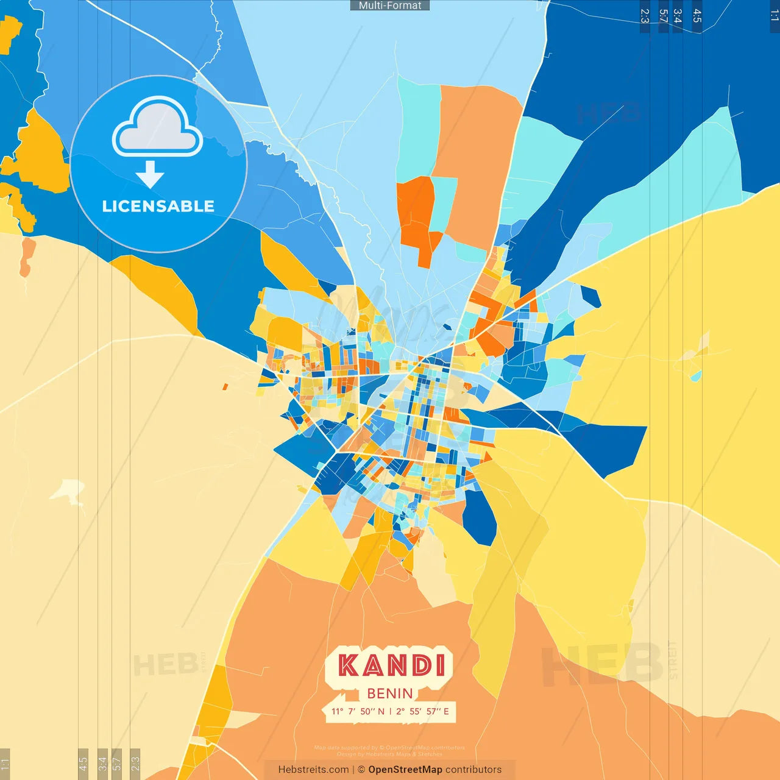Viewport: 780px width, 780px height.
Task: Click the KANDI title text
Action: point(391,665)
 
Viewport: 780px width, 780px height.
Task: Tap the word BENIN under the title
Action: point(390,693)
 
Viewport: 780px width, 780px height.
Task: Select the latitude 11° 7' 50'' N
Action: point(358,711)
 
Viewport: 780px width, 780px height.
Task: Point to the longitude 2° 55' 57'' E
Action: point(422,711)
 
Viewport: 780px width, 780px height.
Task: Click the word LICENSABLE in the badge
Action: point(158,207)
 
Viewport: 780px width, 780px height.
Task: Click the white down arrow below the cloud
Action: point(150,174)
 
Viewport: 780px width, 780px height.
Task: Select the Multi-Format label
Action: point(390,5)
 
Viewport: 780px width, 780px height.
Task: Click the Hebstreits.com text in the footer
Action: point(313,770)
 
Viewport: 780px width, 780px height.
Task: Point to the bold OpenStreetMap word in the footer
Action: point(405,770)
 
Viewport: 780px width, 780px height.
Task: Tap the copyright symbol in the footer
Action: point(361,770)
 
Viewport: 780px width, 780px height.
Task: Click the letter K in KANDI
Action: point(348,665)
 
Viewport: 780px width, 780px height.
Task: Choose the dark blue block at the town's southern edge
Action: point(480,518)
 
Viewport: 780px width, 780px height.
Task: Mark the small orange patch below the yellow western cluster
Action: point(27,256)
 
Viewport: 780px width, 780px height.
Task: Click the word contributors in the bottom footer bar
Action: point(473,770)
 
